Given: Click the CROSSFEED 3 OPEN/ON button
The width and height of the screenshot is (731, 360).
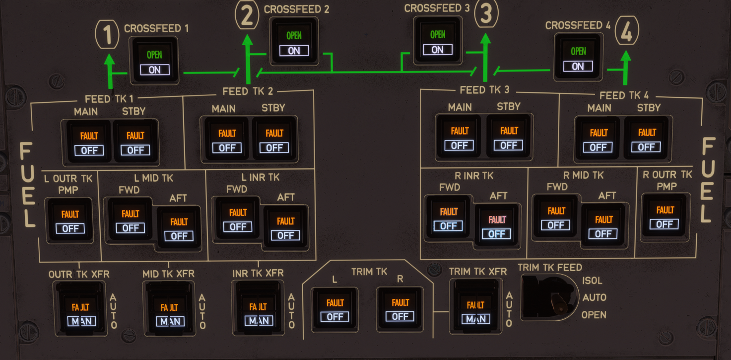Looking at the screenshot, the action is (437, 40).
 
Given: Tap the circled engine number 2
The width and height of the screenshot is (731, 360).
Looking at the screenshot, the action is (247, 15).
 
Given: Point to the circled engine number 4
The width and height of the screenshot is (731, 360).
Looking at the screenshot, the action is (627, 31).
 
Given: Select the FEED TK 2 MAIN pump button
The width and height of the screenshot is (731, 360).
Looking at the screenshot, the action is (227, 140).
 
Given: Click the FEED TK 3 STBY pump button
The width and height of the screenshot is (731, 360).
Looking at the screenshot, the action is (509, 137).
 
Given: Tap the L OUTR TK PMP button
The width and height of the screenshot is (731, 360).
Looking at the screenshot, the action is (70, 220).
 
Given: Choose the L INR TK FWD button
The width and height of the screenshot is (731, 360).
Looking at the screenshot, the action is (238, 218).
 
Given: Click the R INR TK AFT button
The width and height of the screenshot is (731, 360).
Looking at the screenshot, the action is (497, 226).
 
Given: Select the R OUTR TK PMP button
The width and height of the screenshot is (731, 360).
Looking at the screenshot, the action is (665, 216).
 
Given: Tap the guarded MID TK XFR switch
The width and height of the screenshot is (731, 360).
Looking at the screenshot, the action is (169, 308).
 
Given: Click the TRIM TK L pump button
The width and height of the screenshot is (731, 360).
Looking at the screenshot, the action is (335, 309).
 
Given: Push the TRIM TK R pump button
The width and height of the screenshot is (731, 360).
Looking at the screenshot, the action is (400, 308).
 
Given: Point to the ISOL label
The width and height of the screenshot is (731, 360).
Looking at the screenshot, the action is (592, 281).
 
